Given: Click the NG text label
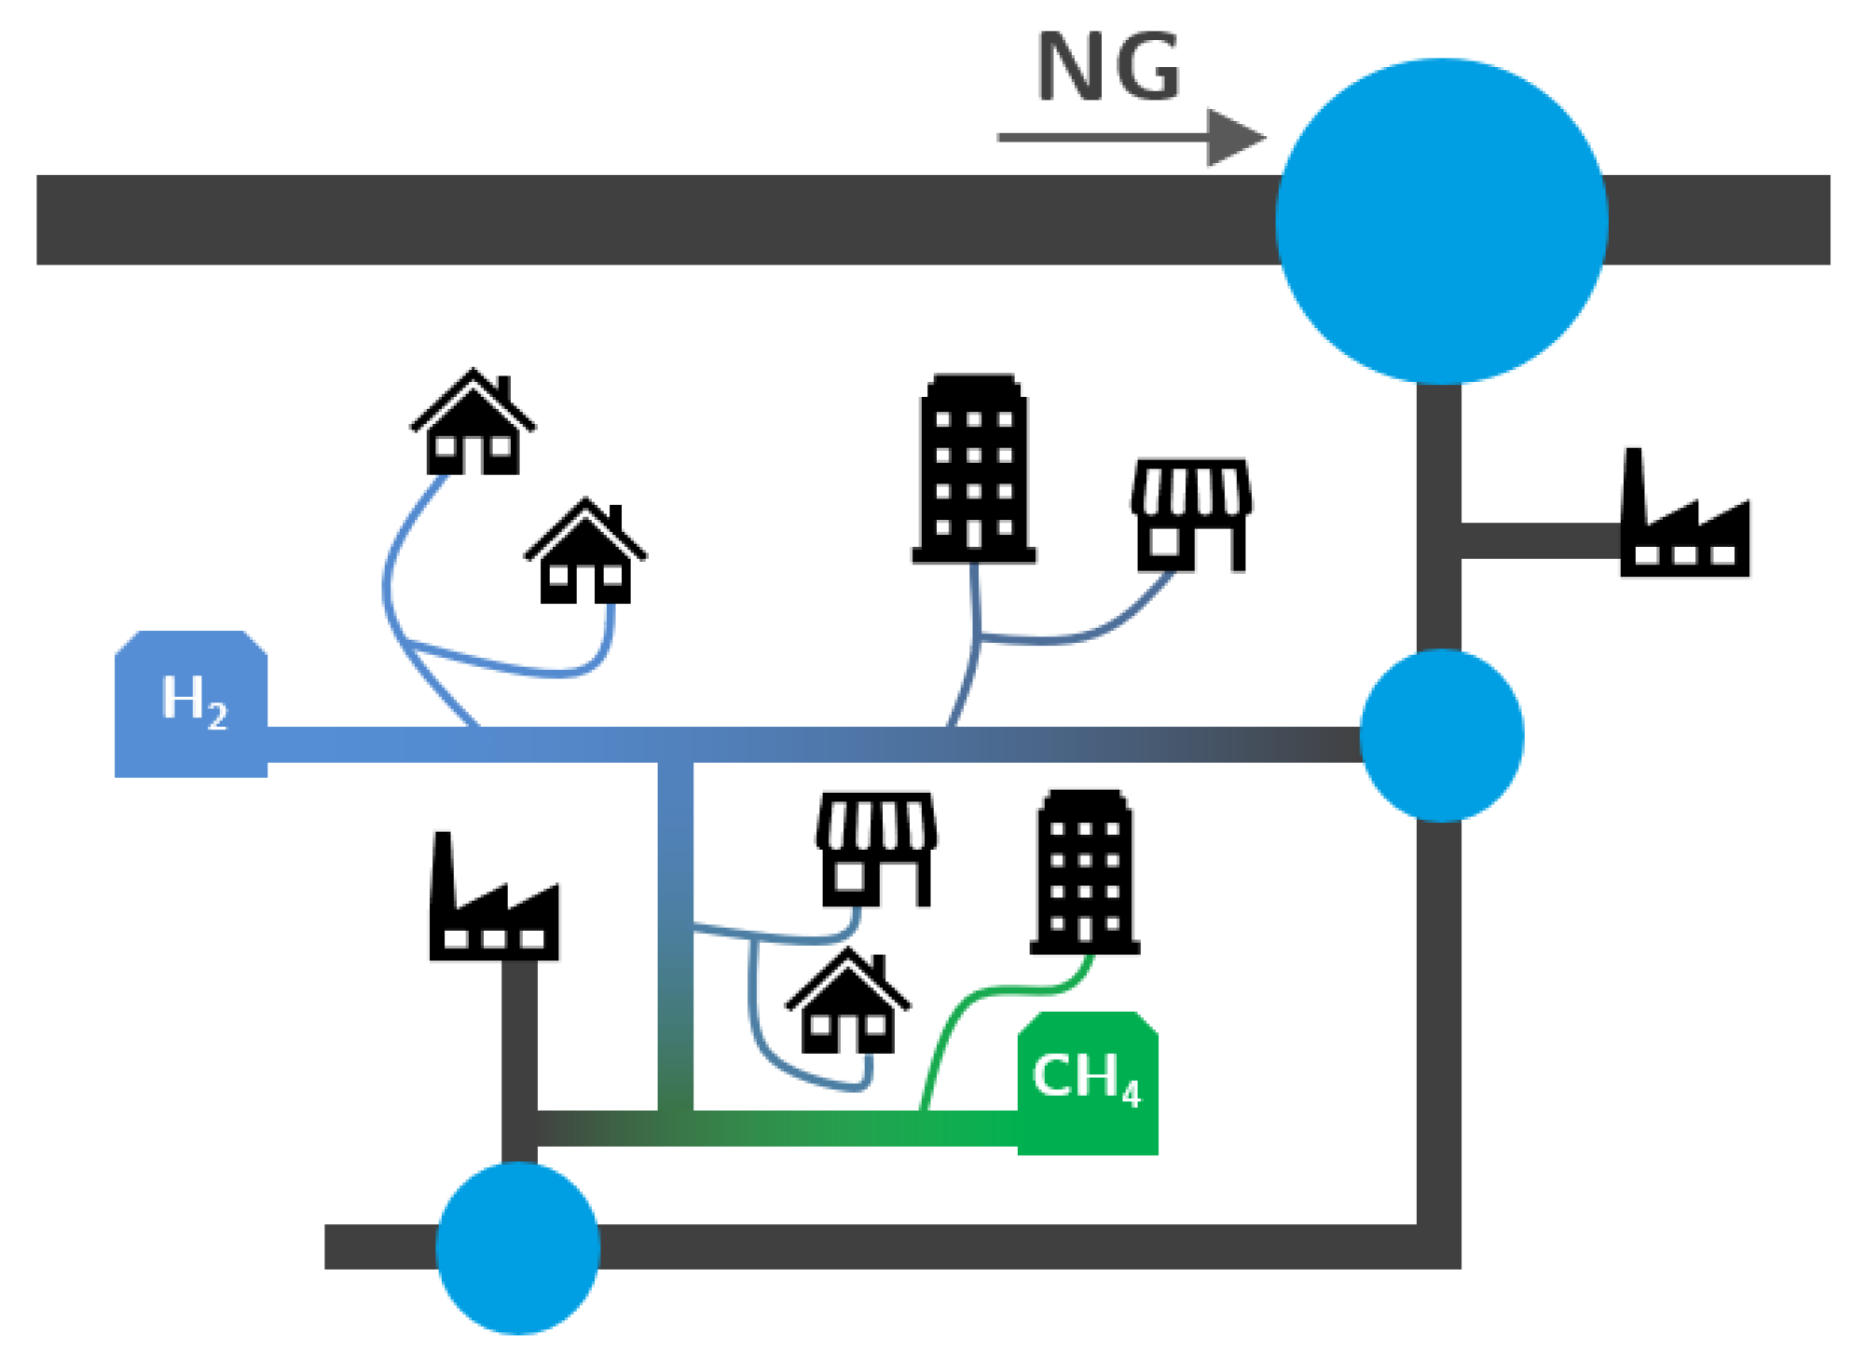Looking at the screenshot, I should [1108, 67].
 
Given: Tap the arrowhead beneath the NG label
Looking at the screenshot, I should [1235, 138].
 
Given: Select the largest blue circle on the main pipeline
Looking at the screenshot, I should [1441, 221].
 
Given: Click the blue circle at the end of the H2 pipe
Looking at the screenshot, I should [1441, 735].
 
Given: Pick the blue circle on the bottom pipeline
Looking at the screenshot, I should [518, 1247].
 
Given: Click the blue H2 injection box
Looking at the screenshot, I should [191, 703].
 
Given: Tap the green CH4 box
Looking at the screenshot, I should [1088, 1084].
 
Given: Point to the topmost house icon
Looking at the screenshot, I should [473, 424].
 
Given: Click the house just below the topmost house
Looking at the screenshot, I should [585, 553].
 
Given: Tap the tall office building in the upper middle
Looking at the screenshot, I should [974, 469].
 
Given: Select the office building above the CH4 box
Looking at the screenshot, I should [1085, 873].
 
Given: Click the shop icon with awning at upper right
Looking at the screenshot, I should [1191, 514].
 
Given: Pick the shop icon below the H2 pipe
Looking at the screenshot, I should [876, 849].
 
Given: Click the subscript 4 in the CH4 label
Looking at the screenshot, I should [1131, 1095].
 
